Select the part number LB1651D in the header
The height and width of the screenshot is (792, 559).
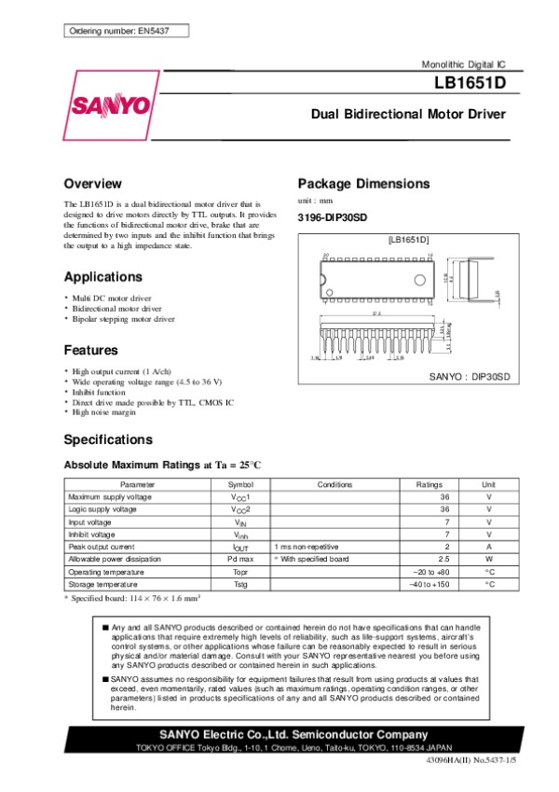(470, 83)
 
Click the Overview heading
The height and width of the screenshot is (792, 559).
(92, 184)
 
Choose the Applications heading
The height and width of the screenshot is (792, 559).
(102, 277)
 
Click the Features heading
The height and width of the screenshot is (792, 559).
(90, 351)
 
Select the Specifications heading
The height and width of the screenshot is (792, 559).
(108, 439)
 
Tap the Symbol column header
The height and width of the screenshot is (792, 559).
(240, 485)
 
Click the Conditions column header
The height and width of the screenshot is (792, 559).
(334, 485)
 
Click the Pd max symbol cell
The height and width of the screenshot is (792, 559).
(240, 558)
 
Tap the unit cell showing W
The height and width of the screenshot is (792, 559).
(488, 558)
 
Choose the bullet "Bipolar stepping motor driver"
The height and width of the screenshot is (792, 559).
(123, 319)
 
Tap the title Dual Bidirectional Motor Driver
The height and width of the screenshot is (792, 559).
(408, 115)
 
